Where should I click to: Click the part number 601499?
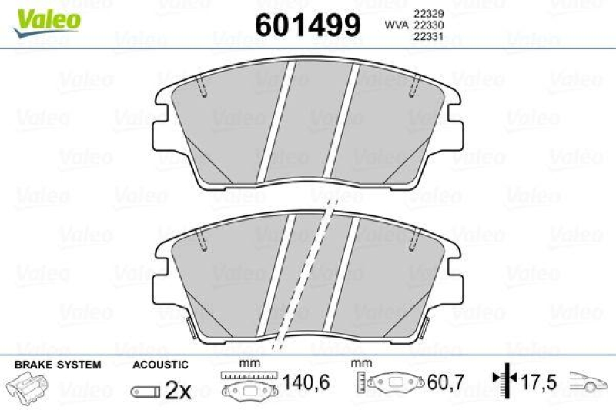tap(307, 25)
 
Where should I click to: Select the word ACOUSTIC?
tap(160, 365)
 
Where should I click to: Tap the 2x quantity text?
tap(178, 391)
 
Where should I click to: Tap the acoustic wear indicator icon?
tap(144, 392)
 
